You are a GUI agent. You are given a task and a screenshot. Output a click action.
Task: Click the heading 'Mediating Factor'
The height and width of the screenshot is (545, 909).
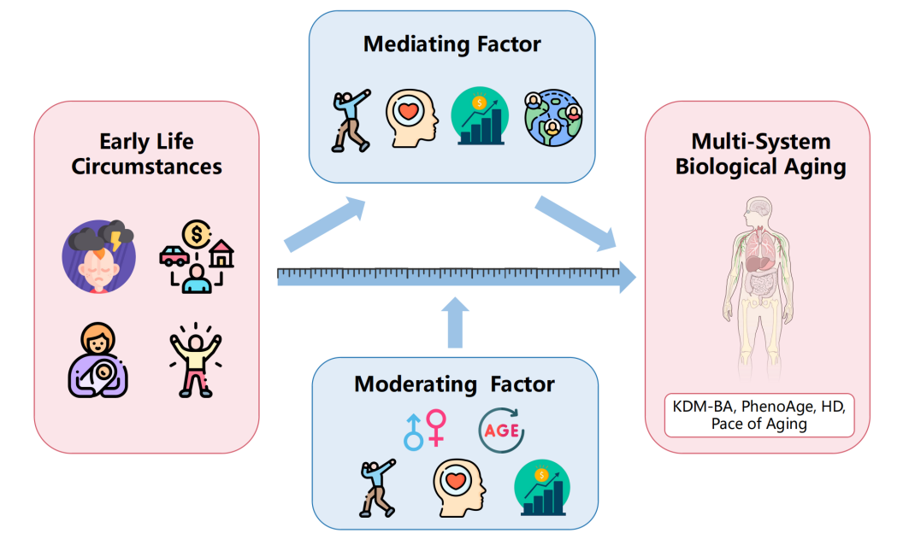tap(453, 44)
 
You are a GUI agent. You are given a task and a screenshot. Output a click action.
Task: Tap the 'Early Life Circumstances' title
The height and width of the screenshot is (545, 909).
tap(147, 153)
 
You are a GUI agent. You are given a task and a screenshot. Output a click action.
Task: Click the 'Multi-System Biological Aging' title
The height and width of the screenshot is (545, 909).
tap(760, 154)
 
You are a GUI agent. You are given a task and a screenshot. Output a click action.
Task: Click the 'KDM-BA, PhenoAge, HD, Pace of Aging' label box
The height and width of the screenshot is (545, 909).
tap(759, 414)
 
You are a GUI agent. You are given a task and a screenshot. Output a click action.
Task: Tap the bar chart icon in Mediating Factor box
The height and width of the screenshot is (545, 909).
tap(480, 117)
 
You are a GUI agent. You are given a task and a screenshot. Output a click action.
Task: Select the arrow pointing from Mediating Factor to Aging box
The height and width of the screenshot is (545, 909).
tap(577, 223)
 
